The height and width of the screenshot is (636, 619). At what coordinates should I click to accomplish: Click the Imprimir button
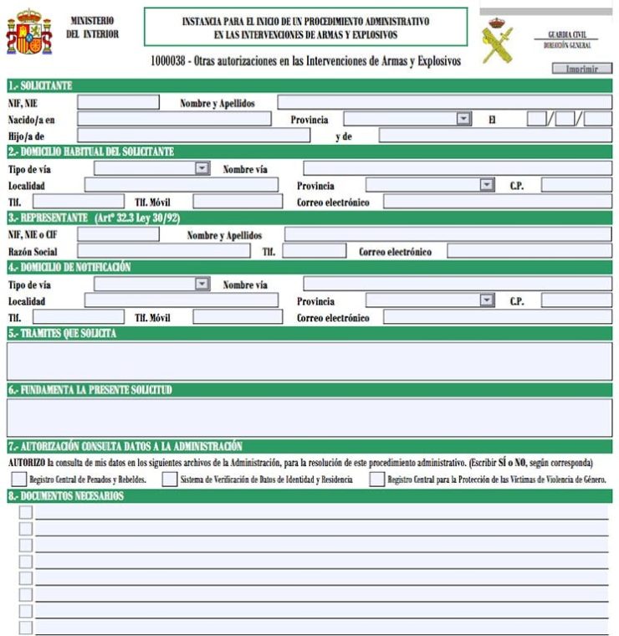pyautogui.click(x=582, y=69)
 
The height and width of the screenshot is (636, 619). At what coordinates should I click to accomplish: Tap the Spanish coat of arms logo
pyautogui.click(x=28, y=33)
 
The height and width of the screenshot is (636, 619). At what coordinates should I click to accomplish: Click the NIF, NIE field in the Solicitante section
pyautogui.click(x=118, y=103)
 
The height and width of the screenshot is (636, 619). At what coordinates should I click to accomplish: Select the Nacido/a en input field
pyautogui.click(x=174, y=119)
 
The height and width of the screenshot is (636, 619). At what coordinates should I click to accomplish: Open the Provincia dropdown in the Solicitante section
pyautogui.click(x=464, y=119)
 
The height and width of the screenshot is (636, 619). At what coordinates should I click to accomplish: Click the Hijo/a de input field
pyautogui.click(x=193, y=135)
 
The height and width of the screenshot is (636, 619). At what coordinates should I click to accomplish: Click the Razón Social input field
pyautogui.click(x=164, y=250)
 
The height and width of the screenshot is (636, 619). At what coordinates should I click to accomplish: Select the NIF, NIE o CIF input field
pyautogui.click(x=118, y=234)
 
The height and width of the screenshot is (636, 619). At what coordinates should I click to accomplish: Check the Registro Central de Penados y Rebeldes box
pyautogui.click(x=19, y=479)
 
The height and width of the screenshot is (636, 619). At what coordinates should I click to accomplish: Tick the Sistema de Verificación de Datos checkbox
pyautogui.click(x=170, y=479)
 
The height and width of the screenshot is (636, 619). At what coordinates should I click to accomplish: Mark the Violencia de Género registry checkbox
pyautogui.click(x=377, y=479)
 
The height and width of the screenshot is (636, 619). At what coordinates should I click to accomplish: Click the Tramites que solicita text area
pyautogui.click(x=309, y=362)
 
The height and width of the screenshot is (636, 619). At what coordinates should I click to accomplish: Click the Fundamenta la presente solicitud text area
pyautogui.click(x=309, y=418)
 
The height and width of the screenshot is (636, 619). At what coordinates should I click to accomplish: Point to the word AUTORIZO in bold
pyautogui.click(x=26, y=462)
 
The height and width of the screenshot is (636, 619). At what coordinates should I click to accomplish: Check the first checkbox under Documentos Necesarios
pyautogui.click(x=26, y=512)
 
